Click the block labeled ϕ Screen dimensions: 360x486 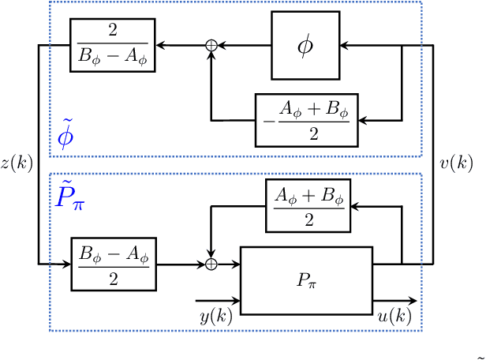(x=305, y=46)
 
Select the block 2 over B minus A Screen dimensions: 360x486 (x=112, y=46)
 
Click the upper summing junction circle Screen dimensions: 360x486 (x=211, y=46)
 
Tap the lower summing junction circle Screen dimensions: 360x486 (x=211, y=264)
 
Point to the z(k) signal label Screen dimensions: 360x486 (x=16, y=163)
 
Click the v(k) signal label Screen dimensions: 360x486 (x=455, y=163)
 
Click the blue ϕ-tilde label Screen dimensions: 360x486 (x=67, y=135)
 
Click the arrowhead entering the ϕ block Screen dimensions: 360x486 (x=344, y=46)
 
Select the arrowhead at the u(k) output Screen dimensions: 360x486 (x=413, y=301)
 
